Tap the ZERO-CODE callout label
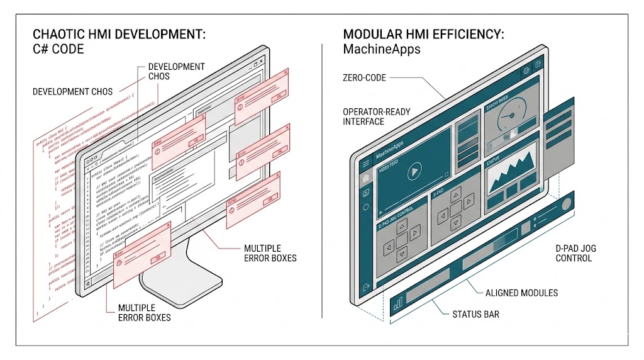(364, 78)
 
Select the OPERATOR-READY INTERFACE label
(376, 116)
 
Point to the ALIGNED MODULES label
(521, 293)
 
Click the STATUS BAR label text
(475, 313)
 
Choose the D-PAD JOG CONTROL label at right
(575, 253)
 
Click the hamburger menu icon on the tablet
(366, 164)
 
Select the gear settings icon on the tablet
(526, 71)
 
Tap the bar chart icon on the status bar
(398, 305)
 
